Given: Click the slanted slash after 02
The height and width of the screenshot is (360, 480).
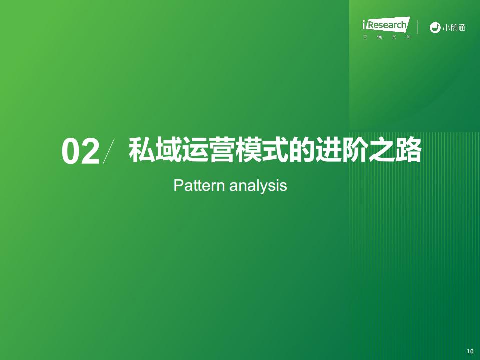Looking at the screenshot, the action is click(109, 151).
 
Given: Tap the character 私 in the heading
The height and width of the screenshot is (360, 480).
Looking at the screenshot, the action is click(141, 150).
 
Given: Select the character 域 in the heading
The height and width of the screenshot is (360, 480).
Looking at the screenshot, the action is click(168, 150).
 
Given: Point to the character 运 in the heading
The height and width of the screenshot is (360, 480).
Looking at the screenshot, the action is click(195, 150).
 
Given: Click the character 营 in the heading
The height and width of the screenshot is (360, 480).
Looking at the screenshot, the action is click(222, 150).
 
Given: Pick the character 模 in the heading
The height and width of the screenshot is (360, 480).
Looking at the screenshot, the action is click(248, 150).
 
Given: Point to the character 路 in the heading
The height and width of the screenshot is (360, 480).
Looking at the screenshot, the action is click(409, 150).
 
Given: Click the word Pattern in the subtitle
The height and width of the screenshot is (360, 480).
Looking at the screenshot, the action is click(199, 185).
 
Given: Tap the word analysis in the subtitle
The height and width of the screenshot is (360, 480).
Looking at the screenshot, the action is click(258, 186).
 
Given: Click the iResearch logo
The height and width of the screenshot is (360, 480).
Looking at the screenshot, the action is click(386, 28).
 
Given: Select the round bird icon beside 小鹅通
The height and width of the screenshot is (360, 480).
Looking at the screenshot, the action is click(435, 28).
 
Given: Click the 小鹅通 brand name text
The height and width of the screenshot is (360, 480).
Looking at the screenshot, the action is click(454, 28).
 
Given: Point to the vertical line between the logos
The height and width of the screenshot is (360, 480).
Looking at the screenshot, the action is click(417, 27).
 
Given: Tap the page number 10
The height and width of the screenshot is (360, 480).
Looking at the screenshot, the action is click(470, 351).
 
